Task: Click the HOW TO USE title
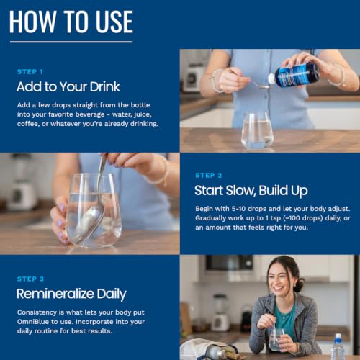pyautogui.click(x=71, y=22)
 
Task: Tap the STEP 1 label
pyautogui.click(x=30, y=72)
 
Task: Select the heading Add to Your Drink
pyautogui.click(x=68, y=86)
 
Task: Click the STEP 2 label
pyautogui.click(x=209, y=176)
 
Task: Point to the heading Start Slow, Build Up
pyautogui.click(x=251, y=191)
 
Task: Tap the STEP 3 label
pyautogui.click(x=30, y=279)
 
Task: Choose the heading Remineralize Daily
pyautogui.click(x=71, y=294)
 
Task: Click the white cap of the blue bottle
pyautogui.click(x=271, y=78)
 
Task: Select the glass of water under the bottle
pyautogui.click(x=257, y=130)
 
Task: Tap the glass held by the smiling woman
pyautogui.click(x=276, y=339)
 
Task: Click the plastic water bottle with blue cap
pyautogui.click(x=338, y=346)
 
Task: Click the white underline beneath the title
pyautogui.click(x=71, y=42)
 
